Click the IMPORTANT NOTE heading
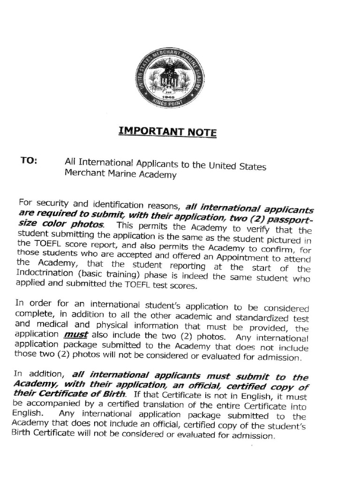tap(167, 132)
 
